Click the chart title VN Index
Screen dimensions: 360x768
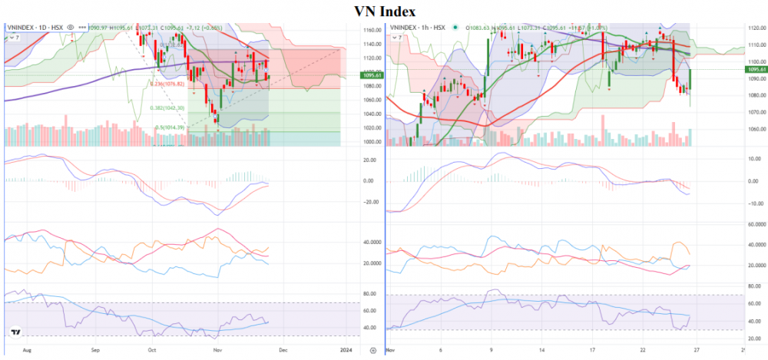(x=385, y=11)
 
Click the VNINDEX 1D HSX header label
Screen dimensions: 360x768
(x=35, y=28)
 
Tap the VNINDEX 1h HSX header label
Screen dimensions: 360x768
(x=419, y=28)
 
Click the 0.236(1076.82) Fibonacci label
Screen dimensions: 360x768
(x=165, y=84)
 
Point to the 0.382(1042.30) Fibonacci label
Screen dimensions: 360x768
(x=166, y=108)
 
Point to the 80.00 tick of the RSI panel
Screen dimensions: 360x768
(x=371, y=294)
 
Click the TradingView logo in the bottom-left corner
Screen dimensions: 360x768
(x=15, y=332)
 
